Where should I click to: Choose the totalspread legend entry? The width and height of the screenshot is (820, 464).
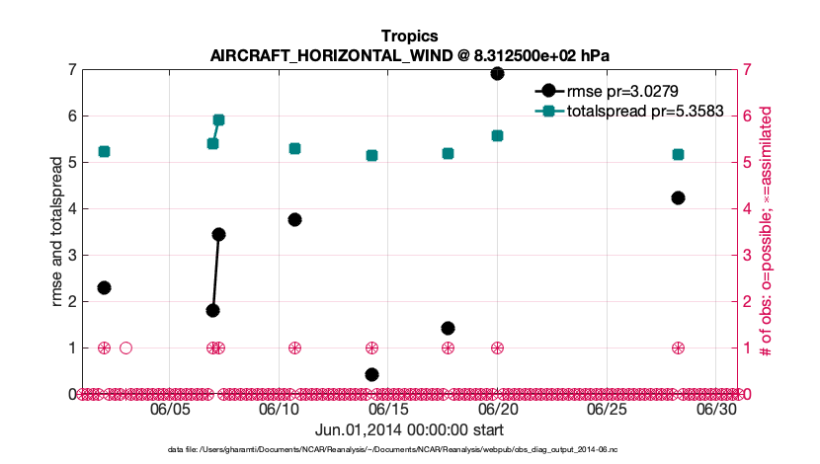(632, 111)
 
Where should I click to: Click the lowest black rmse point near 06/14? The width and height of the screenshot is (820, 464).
(371, 374)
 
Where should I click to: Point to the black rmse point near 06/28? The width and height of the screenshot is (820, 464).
(678, 197)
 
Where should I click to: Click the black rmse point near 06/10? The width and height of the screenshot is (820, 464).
(294, 219)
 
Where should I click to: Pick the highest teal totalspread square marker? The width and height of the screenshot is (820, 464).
(218, 119)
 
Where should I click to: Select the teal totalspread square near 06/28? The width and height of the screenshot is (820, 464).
(678, 154)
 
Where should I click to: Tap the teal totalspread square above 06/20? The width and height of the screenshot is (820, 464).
(497, 135)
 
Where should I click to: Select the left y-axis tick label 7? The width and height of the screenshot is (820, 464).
(72, 70)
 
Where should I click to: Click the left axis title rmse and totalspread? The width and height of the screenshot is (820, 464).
(57, 231)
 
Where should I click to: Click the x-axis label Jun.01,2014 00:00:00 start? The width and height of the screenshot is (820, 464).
(409, 429)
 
